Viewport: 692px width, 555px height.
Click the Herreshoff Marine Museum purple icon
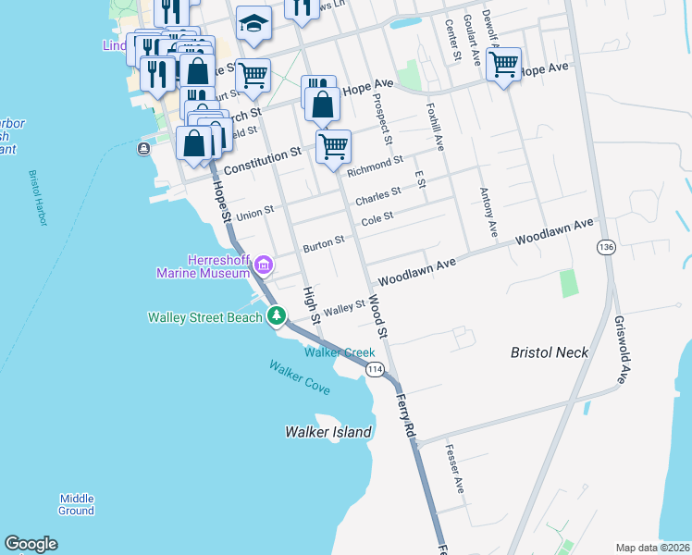coord(264,266)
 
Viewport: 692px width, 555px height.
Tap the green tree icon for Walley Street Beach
coord(276,316)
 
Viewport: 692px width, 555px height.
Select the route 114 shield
coord(374,370)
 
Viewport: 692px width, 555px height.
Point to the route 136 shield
coord(606,248)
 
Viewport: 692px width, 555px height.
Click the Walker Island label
coord(328,432)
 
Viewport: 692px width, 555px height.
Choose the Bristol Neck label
coord(550,352)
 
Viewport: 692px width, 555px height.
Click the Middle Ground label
coord(76,504)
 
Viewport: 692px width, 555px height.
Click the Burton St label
coord(324,244)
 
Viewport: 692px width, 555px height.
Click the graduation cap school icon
coord(253,24)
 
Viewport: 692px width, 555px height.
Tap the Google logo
coord(31,544)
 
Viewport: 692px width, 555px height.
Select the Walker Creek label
coord(340,352)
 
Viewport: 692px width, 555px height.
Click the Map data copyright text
coord(652,548)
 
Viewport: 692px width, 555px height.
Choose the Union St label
coord(254,214)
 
